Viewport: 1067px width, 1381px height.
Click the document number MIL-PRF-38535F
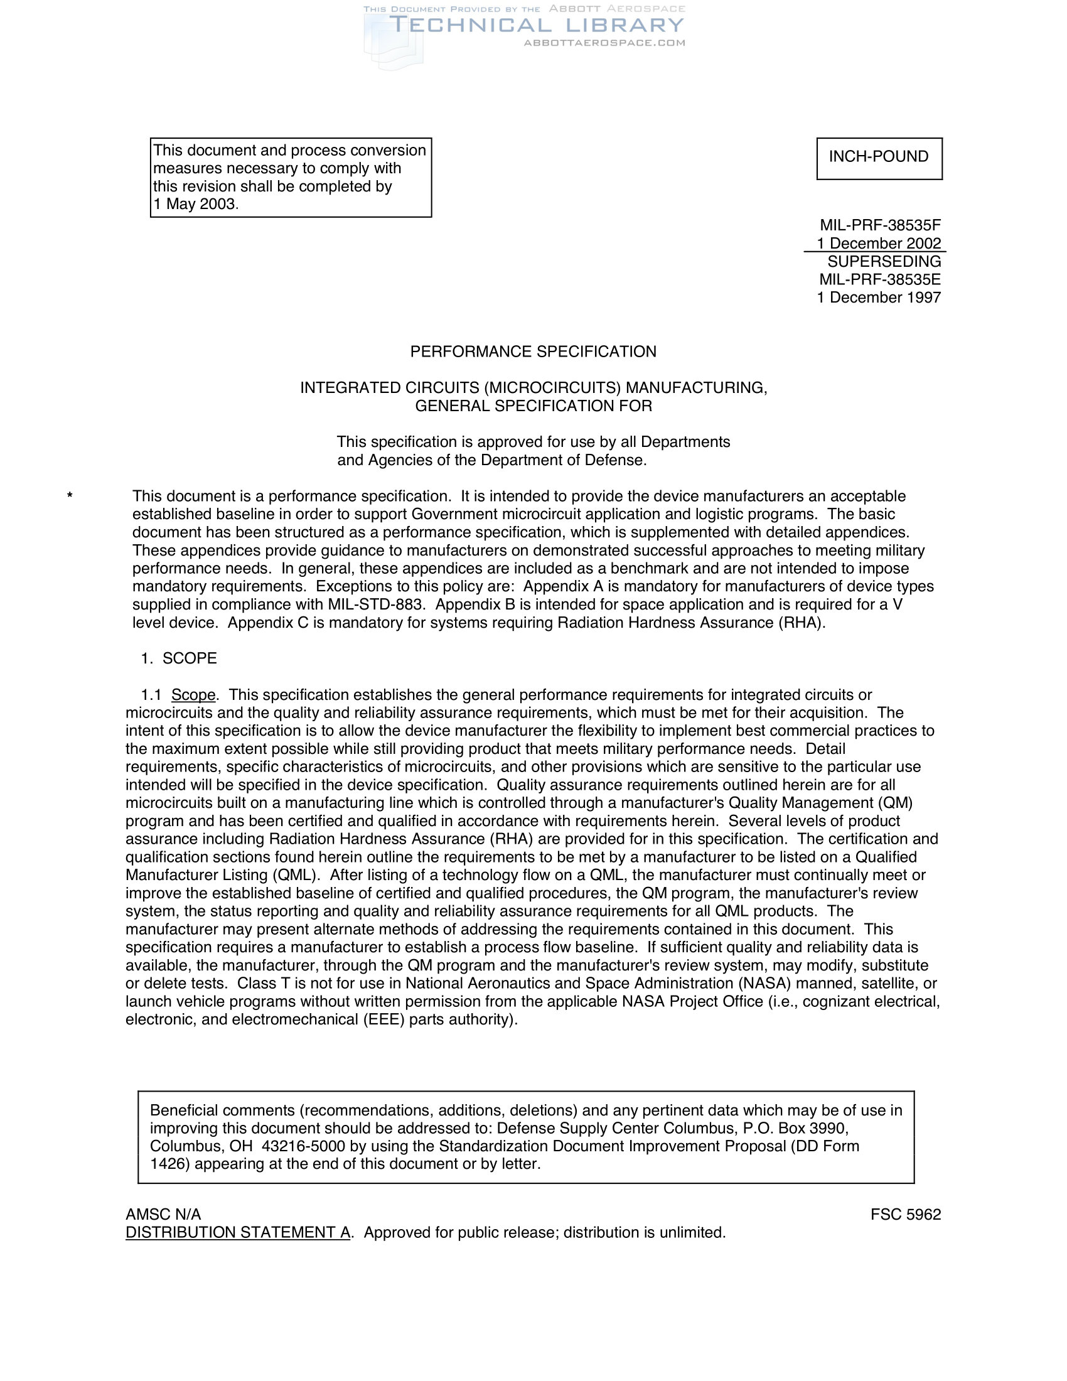tap(880, 225)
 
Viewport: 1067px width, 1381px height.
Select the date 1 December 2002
tap(879, 244)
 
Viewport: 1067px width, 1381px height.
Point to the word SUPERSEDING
tap(884, 262)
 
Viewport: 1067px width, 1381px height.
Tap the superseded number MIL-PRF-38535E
tap(880, 279)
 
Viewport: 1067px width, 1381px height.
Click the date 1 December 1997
tap(879, 298)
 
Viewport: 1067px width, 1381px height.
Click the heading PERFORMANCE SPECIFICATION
tap(533, 352)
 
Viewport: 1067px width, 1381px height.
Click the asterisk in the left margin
tap(70, 497)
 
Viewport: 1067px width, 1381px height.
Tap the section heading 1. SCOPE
tap(179, 659)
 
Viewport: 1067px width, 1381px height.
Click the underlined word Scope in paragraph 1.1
tap(193, 695)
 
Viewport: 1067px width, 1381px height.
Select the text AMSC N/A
tap(163, 1214)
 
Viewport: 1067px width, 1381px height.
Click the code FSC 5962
tap(905, 1214)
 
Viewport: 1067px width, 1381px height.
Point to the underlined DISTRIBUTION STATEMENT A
tap(238, 1232)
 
